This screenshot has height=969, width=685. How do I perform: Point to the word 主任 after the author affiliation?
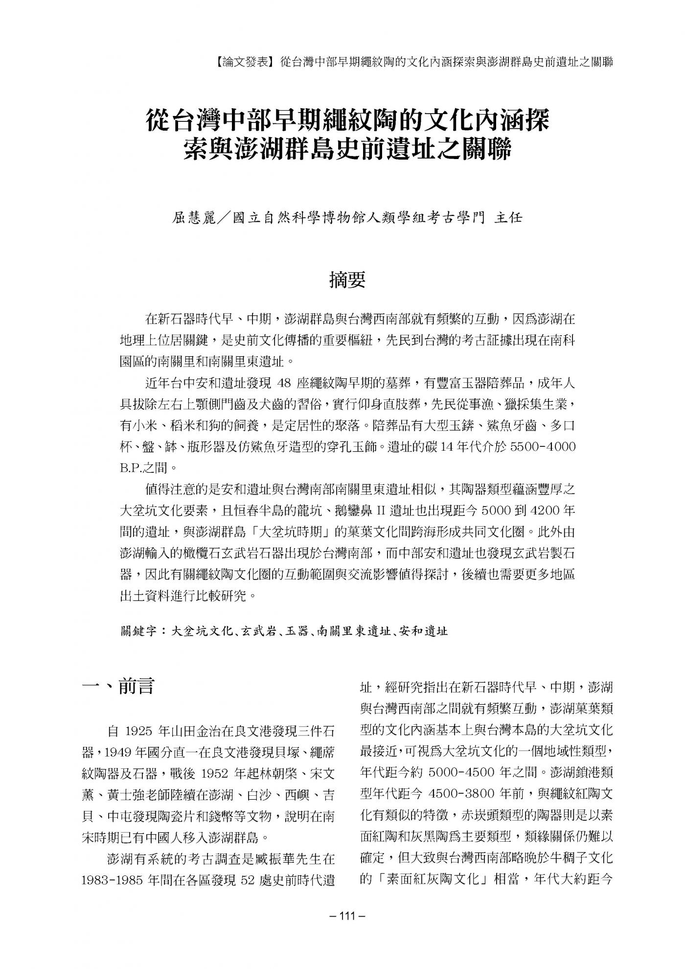click(x=509, y=217)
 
